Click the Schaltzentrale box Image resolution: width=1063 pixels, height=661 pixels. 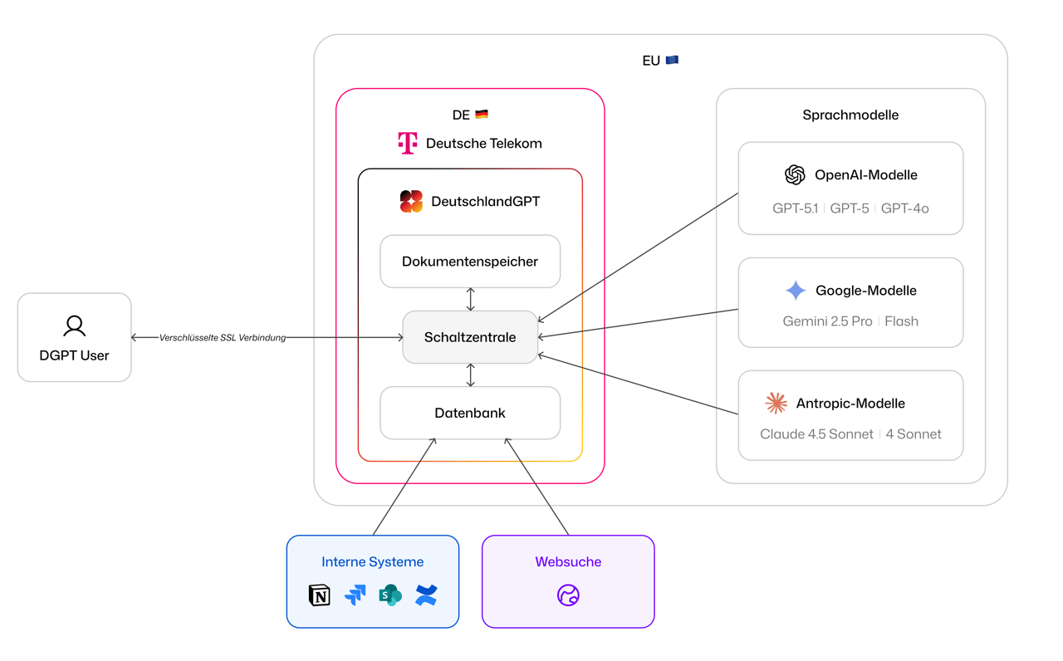click(470, 337)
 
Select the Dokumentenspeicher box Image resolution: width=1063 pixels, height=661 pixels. click(470, 262)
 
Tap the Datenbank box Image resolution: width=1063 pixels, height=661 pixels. click(470, 413)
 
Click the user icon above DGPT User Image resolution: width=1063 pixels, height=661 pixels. click(75, 326)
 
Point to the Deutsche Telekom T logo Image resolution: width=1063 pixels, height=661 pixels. click(407, 143)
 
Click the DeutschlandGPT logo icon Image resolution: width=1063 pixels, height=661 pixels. click(411, 201)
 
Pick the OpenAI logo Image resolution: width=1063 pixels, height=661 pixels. click(795, 174)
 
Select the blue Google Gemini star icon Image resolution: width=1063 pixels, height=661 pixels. click(796, 290)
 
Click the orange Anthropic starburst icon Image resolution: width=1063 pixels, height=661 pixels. click(776, 403)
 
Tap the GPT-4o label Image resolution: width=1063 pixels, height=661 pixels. click(904, 208)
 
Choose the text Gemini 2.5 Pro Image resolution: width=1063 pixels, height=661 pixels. click(827, 321)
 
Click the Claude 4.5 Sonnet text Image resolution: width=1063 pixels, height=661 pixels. click(816, 434)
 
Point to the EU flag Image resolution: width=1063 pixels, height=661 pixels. click(672, 60)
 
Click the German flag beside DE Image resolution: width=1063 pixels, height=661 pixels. click(482, 115)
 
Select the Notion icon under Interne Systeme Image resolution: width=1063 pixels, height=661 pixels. click(320, 595)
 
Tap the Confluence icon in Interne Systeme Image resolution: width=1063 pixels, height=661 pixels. click(426, 595)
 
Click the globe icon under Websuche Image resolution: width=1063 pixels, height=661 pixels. click(568, 595)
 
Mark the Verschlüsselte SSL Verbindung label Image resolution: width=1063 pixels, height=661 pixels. click(223, 338)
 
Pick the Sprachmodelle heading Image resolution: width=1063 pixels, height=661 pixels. click(850, 115)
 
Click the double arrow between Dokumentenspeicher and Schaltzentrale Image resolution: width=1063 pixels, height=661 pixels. click(471, 299)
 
